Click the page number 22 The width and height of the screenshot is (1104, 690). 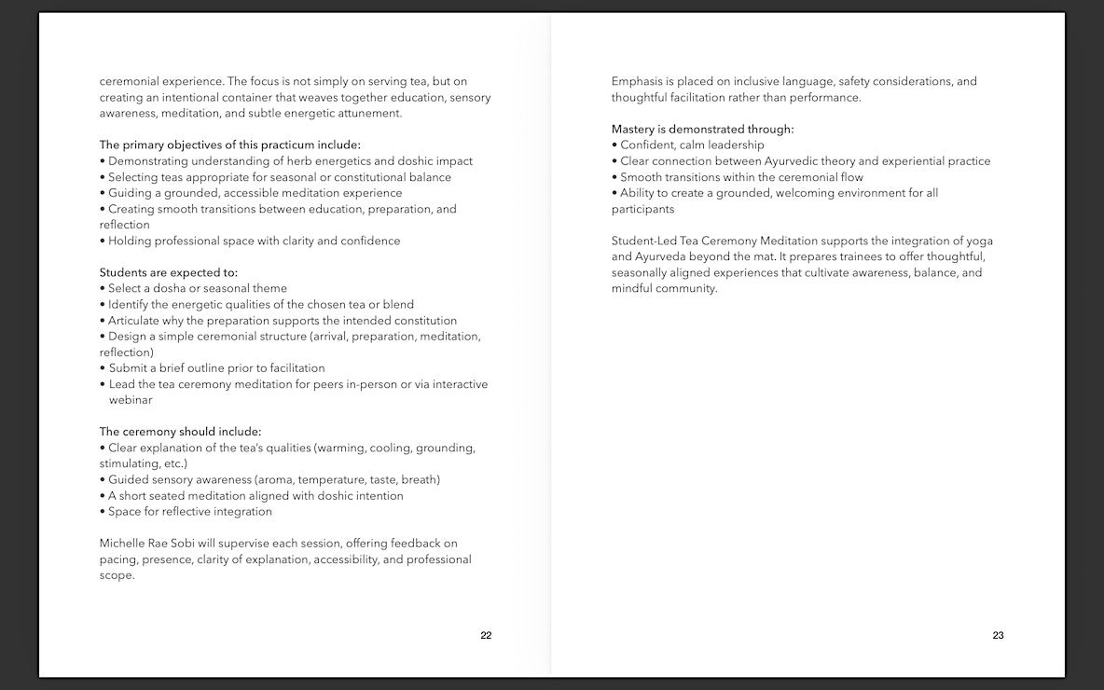click(x=486, y=636)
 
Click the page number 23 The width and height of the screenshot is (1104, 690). click(x=998, y=636)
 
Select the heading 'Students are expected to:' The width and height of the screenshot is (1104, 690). click(x=169, y=272)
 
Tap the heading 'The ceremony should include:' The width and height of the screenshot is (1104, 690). click(x=181, y=432)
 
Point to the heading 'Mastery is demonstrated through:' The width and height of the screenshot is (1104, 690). click(x=703, y=130)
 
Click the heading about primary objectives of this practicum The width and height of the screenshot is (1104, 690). click(x=229, y=145)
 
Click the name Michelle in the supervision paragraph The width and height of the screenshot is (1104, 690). click(x=122, y=544)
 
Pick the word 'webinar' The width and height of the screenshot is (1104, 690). click(x=131, y=400)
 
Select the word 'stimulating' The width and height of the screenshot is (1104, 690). click(x=130, y=463)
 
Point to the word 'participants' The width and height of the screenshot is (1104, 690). click(x=642, y=209)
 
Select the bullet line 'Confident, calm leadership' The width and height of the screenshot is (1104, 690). click(x=692, y=145)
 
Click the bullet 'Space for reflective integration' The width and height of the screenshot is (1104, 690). click(x=190, y=512)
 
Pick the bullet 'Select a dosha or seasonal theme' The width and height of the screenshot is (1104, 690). click(x=198, y=288)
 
